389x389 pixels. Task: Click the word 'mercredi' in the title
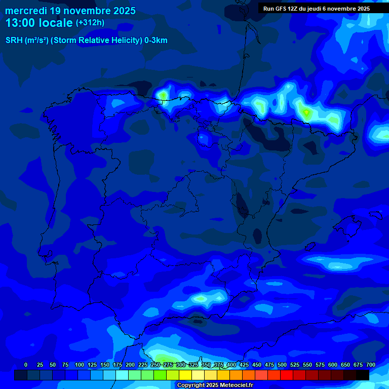pos(26,11)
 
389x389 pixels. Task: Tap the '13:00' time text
pos(21,23)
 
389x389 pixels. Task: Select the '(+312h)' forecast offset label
pos(90,23)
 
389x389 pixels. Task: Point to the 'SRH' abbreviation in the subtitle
pos(14,41)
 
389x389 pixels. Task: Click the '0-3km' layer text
pos(155,41)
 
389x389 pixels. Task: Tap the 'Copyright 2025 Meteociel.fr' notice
pos(215,385)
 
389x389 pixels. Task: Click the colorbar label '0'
pos(26,365)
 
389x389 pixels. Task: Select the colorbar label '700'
pos(370,365)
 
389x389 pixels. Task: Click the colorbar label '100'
pos(80,365)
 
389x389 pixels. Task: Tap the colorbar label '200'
pos(130,365)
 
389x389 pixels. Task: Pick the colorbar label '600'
pos(332,365)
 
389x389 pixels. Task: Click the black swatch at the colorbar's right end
pos(363,375)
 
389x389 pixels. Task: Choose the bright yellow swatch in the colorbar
pos(185,375)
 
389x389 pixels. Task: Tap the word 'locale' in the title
pos(56,23)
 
